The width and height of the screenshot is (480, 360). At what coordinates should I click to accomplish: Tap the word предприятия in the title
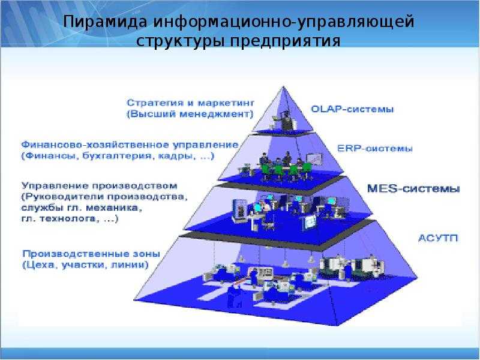(285, 41)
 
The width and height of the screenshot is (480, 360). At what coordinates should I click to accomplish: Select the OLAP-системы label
(352, 109)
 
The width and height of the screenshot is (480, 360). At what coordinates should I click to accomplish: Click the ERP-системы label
(374, 149)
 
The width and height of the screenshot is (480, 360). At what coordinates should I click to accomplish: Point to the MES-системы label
(413, 188)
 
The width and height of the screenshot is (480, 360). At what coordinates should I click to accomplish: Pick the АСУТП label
(438, 238)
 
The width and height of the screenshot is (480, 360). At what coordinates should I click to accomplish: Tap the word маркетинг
(226, 103)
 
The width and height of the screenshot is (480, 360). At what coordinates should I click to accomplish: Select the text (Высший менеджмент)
(190, 114)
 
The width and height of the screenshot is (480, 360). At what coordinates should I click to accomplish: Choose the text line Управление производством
(100, 186)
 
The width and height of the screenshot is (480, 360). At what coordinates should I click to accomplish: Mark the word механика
(114, 208)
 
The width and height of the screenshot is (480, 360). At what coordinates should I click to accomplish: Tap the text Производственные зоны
(91, 254)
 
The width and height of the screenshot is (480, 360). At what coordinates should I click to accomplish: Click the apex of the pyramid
(283, 86)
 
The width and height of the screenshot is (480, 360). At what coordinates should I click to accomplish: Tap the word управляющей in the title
(356, 22)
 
